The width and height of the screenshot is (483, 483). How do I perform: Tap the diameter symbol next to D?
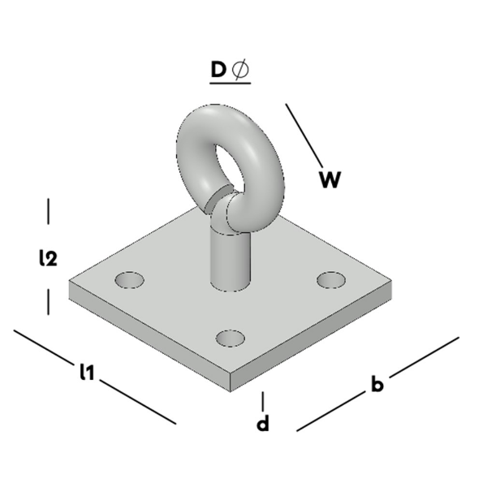[242, 71]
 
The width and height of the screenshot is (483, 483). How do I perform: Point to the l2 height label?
[48, 258]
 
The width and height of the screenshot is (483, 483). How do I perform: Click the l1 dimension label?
[88, 373]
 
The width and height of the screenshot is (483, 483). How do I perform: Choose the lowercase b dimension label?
[377, 384]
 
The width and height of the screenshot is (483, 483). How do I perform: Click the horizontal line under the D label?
[229, 85]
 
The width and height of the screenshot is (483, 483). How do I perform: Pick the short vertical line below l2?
[49, 303]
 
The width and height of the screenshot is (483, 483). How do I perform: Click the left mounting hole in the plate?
[129, 280]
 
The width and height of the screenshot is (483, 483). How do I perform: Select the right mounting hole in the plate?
[331, 279]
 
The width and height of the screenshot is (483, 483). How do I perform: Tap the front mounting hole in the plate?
[231, 337]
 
